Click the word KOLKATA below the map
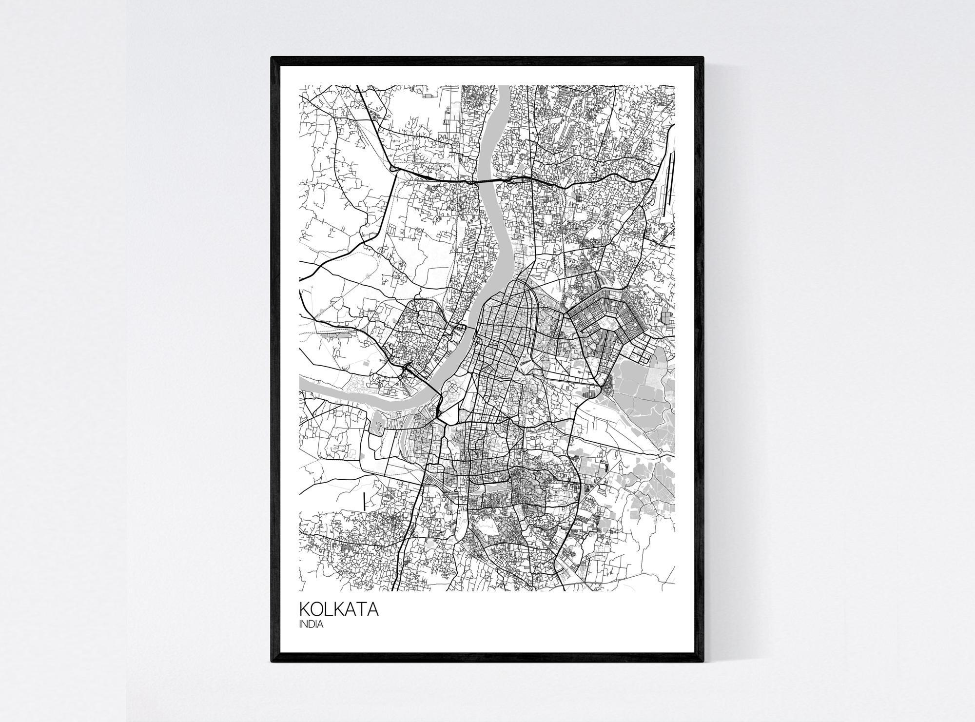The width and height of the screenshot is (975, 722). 339,610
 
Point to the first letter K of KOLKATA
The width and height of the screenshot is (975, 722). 304,610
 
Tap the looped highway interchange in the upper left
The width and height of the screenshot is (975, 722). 393,169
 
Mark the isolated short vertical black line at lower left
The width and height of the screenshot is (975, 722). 364,501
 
